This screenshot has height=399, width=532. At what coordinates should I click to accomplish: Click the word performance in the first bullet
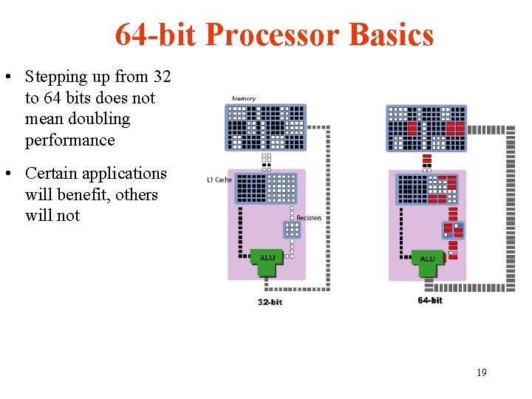(x=70, y=140)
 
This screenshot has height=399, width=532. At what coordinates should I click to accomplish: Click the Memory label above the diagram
(x=244, y=99)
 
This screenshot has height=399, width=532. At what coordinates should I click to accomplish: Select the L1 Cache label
(x=219, y=180)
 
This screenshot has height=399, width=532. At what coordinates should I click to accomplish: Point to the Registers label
(x=309, y=218)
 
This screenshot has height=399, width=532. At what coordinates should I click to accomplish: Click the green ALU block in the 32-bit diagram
(x=267, y=261)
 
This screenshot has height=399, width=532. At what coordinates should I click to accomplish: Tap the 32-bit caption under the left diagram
(x=270, y=301)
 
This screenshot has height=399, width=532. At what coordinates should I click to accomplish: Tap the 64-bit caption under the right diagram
(x=430, y=300)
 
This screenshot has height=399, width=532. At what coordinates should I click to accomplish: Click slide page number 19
(x=481, y=372)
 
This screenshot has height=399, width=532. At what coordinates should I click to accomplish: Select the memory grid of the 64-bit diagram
(x=426, y=128)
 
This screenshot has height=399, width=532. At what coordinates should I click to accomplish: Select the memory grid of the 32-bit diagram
(x=265, y=127)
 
